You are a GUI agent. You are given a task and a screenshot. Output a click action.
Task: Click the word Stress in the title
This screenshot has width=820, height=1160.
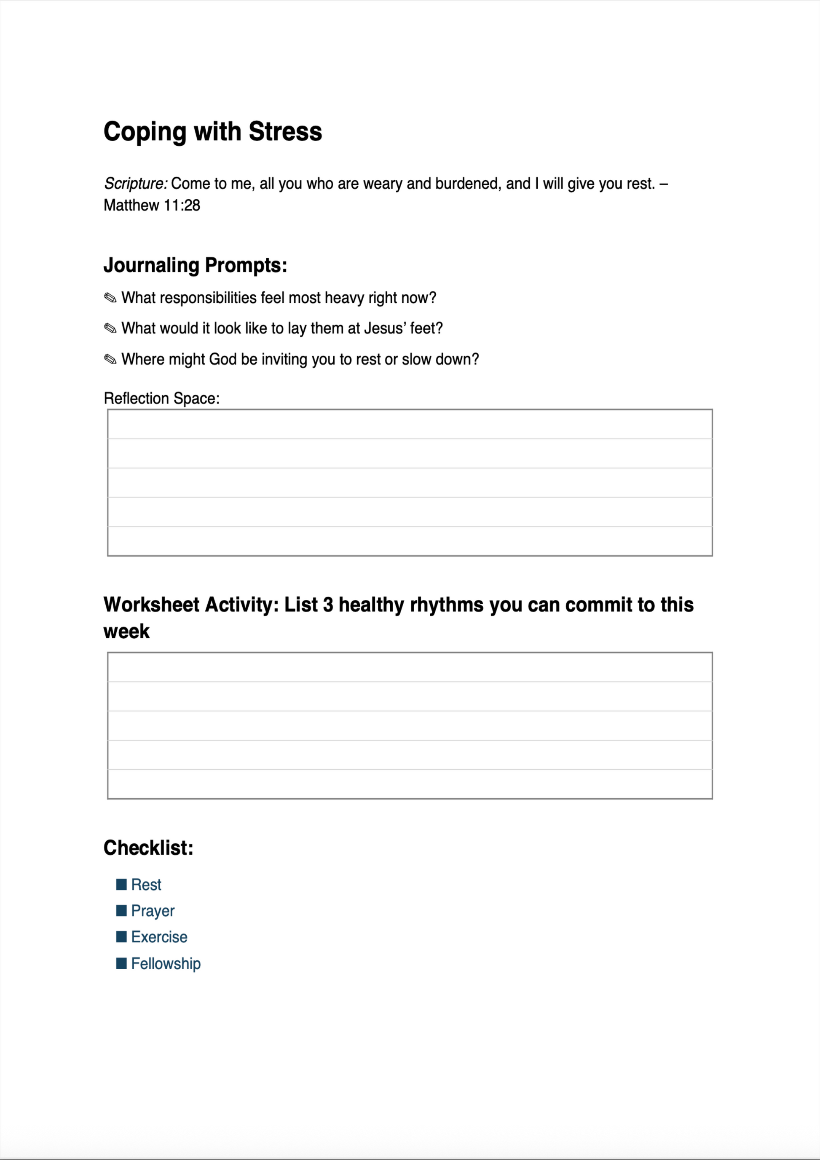(x=285, y=132)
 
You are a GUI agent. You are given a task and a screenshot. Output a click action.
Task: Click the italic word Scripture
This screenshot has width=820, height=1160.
(x=136, y=184)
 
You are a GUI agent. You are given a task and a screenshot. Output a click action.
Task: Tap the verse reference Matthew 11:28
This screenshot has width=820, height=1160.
(x=152, y=205)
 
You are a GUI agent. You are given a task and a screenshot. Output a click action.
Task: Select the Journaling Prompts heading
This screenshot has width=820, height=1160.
(x=195, y=265)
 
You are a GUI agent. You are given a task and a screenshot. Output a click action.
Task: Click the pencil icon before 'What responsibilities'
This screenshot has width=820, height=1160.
(x=110, y=298)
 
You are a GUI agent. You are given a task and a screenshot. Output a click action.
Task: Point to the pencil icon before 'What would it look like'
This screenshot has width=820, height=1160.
(x=110, y=328)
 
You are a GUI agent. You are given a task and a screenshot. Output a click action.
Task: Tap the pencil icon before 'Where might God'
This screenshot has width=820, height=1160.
(x=110, y=359)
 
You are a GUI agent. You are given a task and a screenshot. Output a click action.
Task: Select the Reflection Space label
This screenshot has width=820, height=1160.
(x=161, y=398)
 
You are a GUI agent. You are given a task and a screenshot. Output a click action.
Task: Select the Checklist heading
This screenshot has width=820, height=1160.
(x=148, y=848)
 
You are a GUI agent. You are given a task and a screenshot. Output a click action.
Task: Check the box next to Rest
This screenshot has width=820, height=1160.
(x=121, y=884)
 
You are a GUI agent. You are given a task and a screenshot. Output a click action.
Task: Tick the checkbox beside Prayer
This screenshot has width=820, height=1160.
(x=121, y=910)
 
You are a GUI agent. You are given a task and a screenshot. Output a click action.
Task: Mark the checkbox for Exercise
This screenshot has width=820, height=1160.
(x=121, y=937)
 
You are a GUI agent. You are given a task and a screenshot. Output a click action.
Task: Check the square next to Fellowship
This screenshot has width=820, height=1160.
(x=121, y=963)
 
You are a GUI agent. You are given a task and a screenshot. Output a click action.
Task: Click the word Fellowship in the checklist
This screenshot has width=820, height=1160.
(x=166, y=963)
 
